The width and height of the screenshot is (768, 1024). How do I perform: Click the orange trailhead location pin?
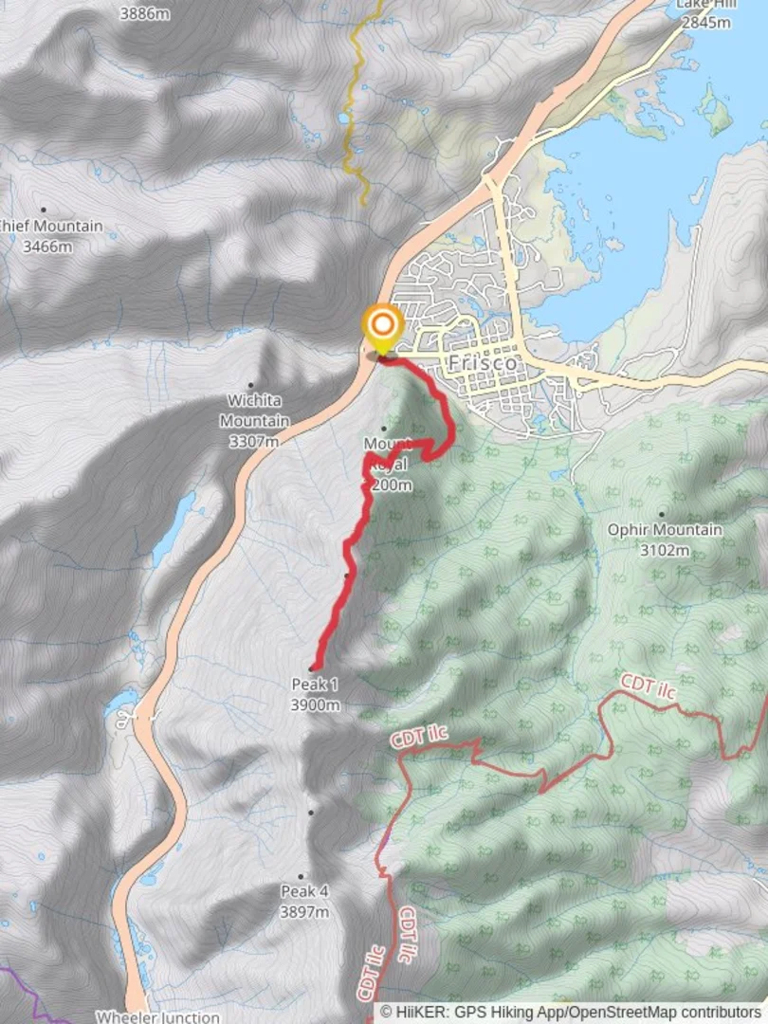[382, 327]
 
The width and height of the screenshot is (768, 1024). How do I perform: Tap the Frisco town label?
[484, 363]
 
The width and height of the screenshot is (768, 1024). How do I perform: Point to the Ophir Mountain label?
[665, 530]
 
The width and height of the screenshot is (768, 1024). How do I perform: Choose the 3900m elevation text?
[316, 704]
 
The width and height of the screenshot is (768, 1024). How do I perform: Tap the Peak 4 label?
[304, 891]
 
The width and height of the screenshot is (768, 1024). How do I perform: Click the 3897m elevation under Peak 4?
[304, 911]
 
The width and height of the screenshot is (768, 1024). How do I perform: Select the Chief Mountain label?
[49, 227]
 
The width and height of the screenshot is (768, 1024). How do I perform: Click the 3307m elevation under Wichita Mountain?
[254, 441]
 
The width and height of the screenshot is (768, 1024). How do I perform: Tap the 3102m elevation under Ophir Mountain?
[664, 549]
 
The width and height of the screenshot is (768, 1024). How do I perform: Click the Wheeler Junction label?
[157, 1016]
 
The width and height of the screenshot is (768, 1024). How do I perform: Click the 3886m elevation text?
[145, 14]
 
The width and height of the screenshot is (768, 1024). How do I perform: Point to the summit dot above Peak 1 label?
[312, 668]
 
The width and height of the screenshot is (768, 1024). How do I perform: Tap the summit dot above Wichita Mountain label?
[251, 385]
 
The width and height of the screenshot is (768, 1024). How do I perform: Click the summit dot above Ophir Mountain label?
[661, 513]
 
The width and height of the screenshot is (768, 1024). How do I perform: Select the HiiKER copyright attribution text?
[572, 1012]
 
